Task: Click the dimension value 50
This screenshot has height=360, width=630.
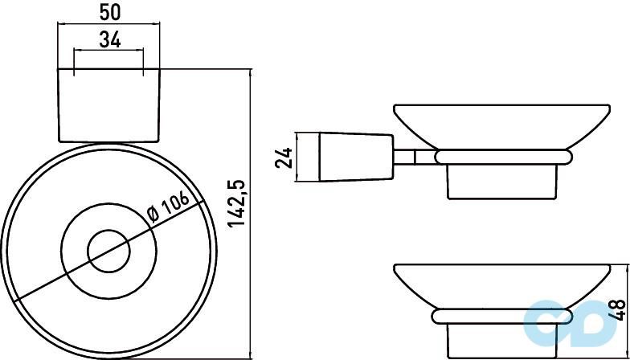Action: click(109, 13)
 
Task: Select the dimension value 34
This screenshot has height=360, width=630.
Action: click(109, 40)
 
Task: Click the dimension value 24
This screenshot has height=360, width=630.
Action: click(283, 157)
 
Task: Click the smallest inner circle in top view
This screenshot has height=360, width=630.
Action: click(109, 252)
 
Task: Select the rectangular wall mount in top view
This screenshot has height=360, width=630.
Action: click(109, 105)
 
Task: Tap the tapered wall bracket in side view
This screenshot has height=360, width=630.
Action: click(355, 157)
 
